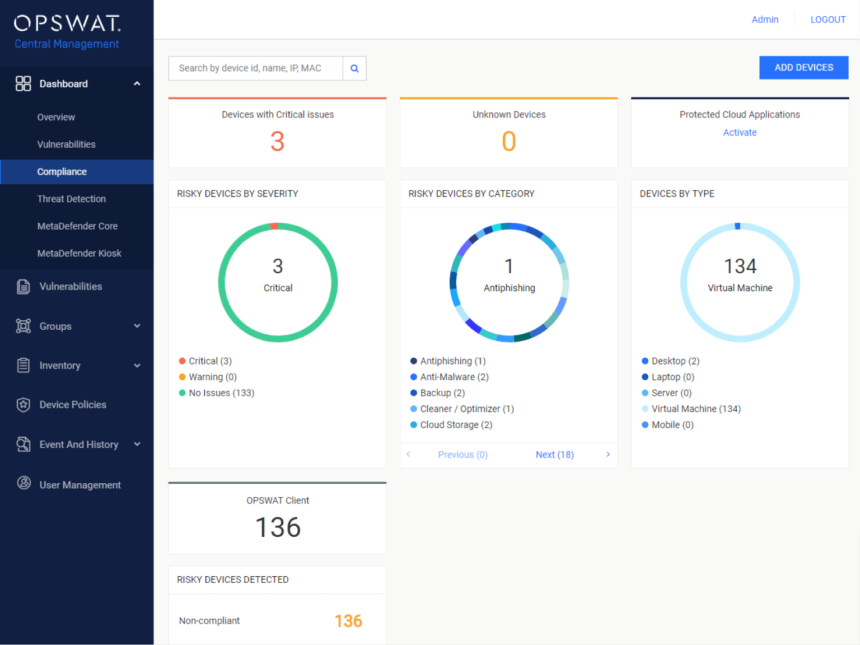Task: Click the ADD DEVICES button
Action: click(803, 68)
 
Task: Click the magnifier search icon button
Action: click(354, 68)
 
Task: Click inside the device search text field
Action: click(255, 68)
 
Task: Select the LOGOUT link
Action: click(828, 20)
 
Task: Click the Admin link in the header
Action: click(765, 20)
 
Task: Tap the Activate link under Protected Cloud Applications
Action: click(740, 133)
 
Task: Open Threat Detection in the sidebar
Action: click(72, 199)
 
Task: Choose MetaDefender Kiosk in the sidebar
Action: click(79, 254)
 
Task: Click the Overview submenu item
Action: click(56, 117)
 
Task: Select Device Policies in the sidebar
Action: click(73, 405)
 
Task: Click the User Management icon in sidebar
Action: click(24, 483)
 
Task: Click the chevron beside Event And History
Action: click(137, 445)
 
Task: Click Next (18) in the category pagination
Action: click(554, 455)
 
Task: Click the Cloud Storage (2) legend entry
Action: click(456, 425)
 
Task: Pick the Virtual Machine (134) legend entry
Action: click(695, 409)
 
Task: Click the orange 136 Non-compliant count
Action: click(348, 621)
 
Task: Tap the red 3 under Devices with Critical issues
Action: click(278, 141)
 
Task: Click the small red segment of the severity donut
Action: click(274, 226)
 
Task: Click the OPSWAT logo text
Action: click(67, 24)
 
